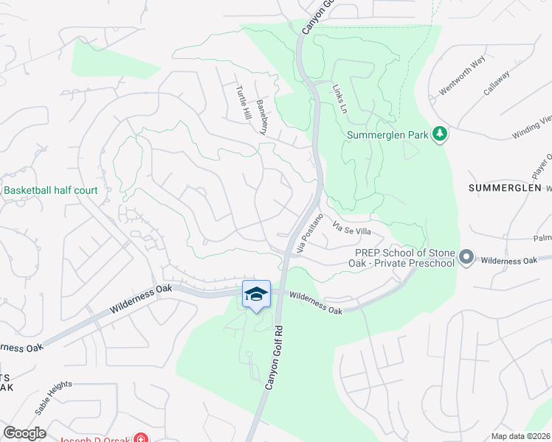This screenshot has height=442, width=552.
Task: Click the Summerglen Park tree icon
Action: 440,133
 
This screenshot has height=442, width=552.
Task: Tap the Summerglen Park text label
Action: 388,135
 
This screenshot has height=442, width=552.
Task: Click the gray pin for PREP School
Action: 466,258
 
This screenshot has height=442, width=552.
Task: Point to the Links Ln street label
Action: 339,98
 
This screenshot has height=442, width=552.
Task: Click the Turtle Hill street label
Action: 243,104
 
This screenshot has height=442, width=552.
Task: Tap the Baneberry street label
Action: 261,116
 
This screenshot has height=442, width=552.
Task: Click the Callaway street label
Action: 497,80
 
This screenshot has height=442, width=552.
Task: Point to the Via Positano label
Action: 310,234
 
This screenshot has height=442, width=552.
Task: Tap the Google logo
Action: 24,432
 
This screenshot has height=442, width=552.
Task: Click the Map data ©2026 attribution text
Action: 520,436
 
